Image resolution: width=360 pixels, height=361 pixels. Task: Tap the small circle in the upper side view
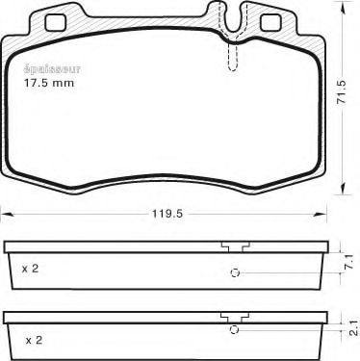click(x=233, y=273)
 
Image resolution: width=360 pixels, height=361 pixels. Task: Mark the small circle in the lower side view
click(x=233, y=334)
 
